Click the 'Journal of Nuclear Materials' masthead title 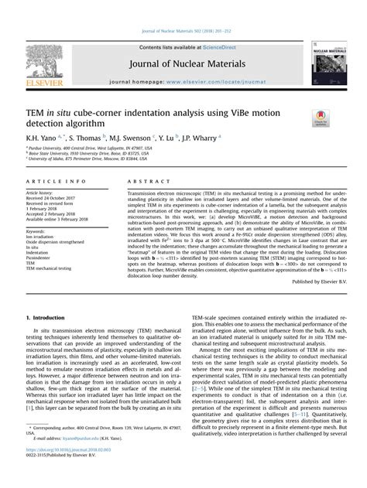coord(183,63)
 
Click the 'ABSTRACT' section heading coord(144,181)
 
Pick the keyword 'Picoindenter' coord(40,258)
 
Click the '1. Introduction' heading coord(49,318)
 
